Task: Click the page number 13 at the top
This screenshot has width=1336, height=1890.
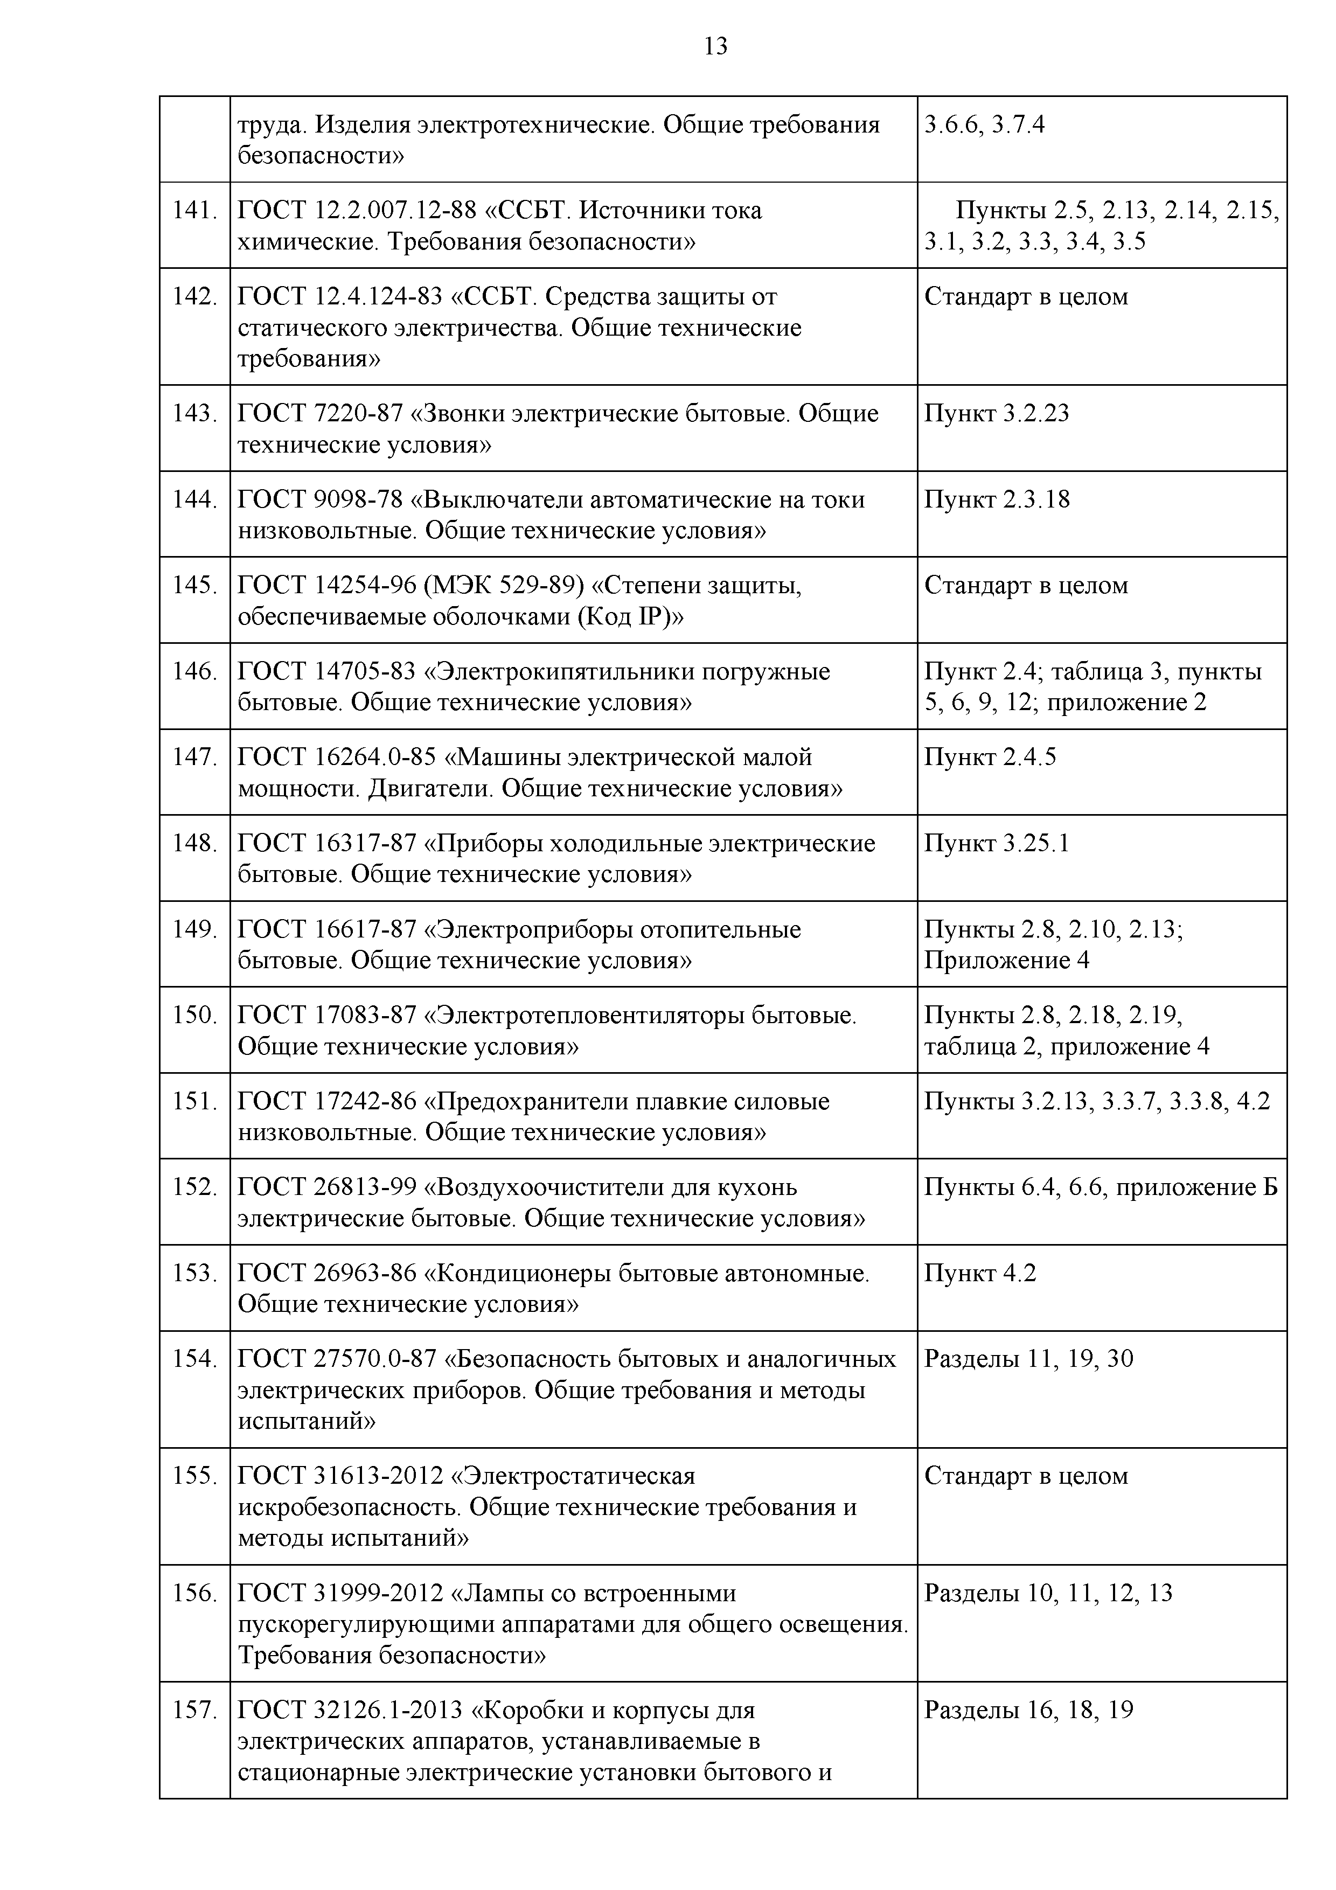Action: (715, 47)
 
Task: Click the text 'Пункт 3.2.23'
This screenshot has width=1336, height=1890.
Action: (996, 413)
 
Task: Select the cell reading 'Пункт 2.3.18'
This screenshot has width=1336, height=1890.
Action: (996, 499)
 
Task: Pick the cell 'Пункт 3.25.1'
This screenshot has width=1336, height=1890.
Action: (996, 844)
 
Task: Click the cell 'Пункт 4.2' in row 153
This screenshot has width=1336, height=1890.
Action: (979, 1274)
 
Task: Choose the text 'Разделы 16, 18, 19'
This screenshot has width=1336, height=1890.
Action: (1028, 1711)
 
